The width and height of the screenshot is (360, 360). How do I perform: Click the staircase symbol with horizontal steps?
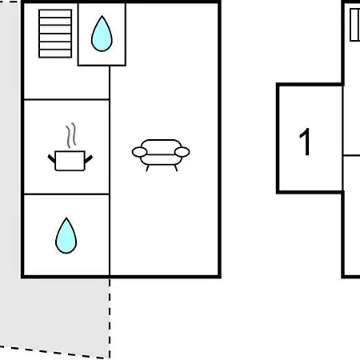pyautogui.click(x=55, y=34)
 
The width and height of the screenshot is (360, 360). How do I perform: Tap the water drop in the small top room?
pyautogui.click(x=102, y=34)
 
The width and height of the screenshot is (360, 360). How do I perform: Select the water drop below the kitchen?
pyautogui.click(x=66, y=236)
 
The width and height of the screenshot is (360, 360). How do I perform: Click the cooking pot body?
pyautogui.click(x=70, y=161)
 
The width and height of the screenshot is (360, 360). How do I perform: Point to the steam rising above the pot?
pyautogui.click(x=71, y=135)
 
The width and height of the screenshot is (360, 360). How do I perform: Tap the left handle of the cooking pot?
pyautogui.click(x=51, y=158)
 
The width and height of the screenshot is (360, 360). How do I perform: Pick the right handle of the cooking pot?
pyautogui.click(x=89, y=159)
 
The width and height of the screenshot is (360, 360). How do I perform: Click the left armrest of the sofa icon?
pyautogui.click(x=139, y=152)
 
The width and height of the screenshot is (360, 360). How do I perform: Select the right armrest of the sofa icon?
pyautogui.click(x=182, y=152)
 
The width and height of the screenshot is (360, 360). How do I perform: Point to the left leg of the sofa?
pyautogui.click(x=147, y=168)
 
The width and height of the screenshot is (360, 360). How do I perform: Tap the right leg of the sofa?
pyautogui.click(x=176, y=168)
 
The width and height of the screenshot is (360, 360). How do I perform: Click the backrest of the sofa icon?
pyautogui.click(x=161, y=144)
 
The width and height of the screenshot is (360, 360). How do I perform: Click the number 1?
pyautogui.click(x=305, y=142)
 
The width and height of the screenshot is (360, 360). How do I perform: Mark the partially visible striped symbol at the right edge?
pyautogui.click(x=355, y=25)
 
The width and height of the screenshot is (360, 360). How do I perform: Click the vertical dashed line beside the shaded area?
pyautogui.click(x=110, y=318)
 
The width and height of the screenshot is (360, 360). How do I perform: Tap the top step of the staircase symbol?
pyautogui.click(x=55, y=14)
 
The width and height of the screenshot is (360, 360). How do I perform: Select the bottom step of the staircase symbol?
pyautogui.click(x=55, y=54)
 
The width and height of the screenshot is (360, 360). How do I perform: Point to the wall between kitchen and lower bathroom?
pyautogui.click(x=66, y=194)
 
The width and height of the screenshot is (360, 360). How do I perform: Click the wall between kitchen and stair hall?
pyautogui.click(x=66, y=99)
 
